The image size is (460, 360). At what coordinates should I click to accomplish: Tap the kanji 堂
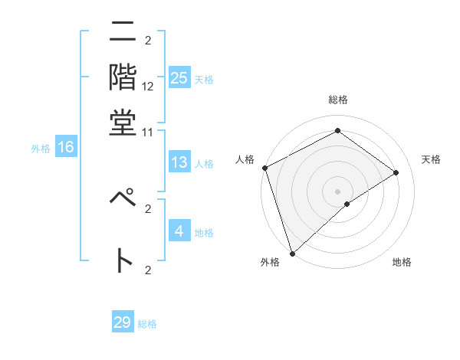[x=123, y=122]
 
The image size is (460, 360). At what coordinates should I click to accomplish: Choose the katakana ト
[x=123, y=260]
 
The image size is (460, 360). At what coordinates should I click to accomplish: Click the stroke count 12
[x=148, y=87]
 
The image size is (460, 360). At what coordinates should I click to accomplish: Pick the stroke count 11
[x=148, y=132]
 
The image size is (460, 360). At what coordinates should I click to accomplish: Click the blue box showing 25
[x=179, y=77]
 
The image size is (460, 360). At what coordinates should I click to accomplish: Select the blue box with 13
[x=179, y=162]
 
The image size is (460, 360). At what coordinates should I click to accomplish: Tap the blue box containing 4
[x=179, y=231]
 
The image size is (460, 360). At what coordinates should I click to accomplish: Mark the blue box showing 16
[x=65, y=147]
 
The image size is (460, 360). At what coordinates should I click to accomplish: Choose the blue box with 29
[x=123, y=322]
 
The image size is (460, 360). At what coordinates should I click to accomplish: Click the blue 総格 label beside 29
[x=148, y=324]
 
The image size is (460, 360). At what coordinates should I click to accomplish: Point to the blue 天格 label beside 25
[x=203, y=79]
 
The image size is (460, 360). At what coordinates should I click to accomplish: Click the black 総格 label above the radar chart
[x=338, y=100]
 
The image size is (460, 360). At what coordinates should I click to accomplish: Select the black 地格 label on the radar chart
[x=402, y=263]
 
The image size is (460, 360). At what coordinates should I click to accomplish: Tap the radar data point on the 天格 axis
[x=396, y=172]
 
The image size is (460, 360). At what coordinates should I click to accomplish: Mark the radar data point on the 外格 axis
[x=292, y=253]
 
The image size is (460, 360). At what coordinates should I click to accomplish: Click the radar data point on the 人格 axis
[x=264, y=168]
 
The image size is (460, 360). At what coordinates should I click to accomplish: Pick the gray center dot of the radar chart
[x=338, y=191]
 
